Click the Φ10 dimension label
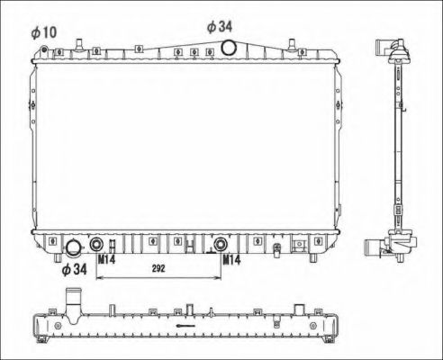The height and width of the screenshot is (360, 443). [43, 32]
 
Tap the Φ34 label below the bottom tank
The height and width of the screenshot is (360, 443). [74, 268]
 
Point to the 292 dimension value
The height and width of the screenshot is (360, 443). [158, 269]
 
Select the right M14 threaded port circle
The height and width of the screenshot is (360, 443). [221, 242]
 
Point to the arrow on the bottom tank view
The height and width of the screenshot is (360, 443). [185, 325]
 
